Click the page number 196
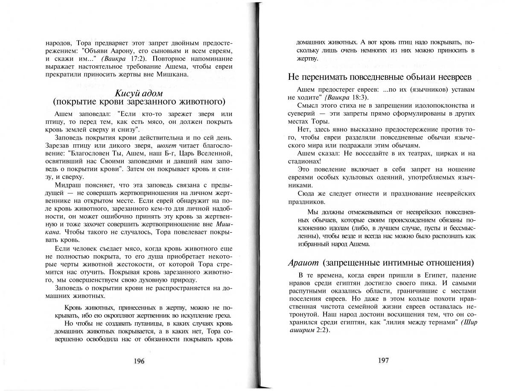click(139, 361)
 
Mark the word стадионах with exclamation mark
click(303, 161)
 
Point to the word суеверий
click(301, 113)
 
